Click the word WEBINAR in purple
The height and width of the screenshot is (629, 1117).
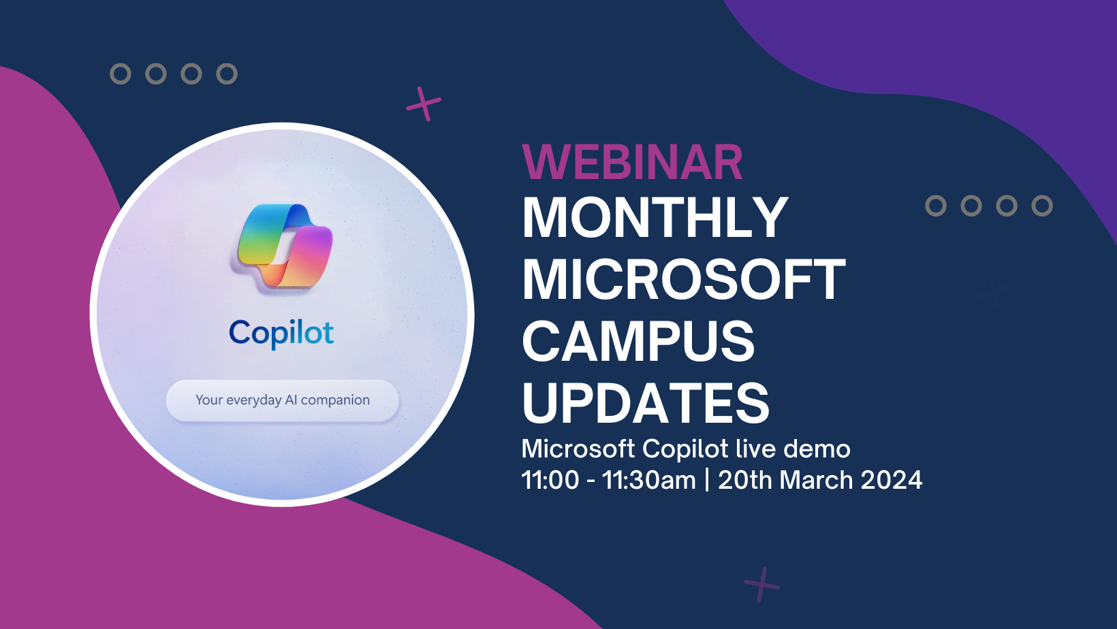tap(632, 163)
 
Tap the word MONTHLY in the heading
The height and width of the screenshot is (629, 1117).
tap(655, 218)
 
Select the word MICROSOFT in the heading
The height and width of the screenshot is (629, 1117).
tap(683, 280)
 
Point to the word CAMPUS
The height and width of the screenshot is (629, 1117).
tap(638, 342)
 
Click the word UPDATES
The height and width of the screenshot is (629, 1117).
tap(645, 403)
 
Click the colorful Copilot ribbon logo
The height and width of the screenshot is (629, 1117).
tap(285, 246)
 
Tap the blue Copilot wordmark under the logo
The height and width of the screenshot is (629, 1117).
tap(281, 333)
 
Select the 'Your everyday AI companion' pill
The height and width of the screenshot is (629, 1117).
tap(282, 400)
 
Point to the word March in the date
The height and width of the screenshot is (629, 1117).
tap(816, 480)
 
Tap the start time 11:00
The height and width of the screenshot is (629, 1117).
tap(550, 480)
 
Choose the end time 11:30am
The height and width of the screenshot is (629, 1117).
tap(648, 480)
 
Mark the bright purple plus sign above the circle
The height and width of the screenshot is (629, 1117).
tap(424, 104)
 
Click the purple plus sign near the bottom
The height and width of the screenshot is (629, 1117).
tap(761, 584)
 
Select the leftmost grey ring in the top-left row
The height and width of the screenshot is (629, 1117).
tap(121, 74)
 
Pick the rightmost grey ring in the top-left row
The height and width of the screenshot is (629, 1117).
tap(227, 74)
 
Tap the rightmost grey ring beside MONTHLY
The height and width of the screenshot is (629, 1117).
tap(1042, 206)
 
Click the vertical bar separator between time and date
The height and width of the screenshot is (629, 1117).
tap(707, 480)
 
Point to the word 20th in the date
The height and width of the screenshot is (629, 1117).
tap(744, 480)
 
